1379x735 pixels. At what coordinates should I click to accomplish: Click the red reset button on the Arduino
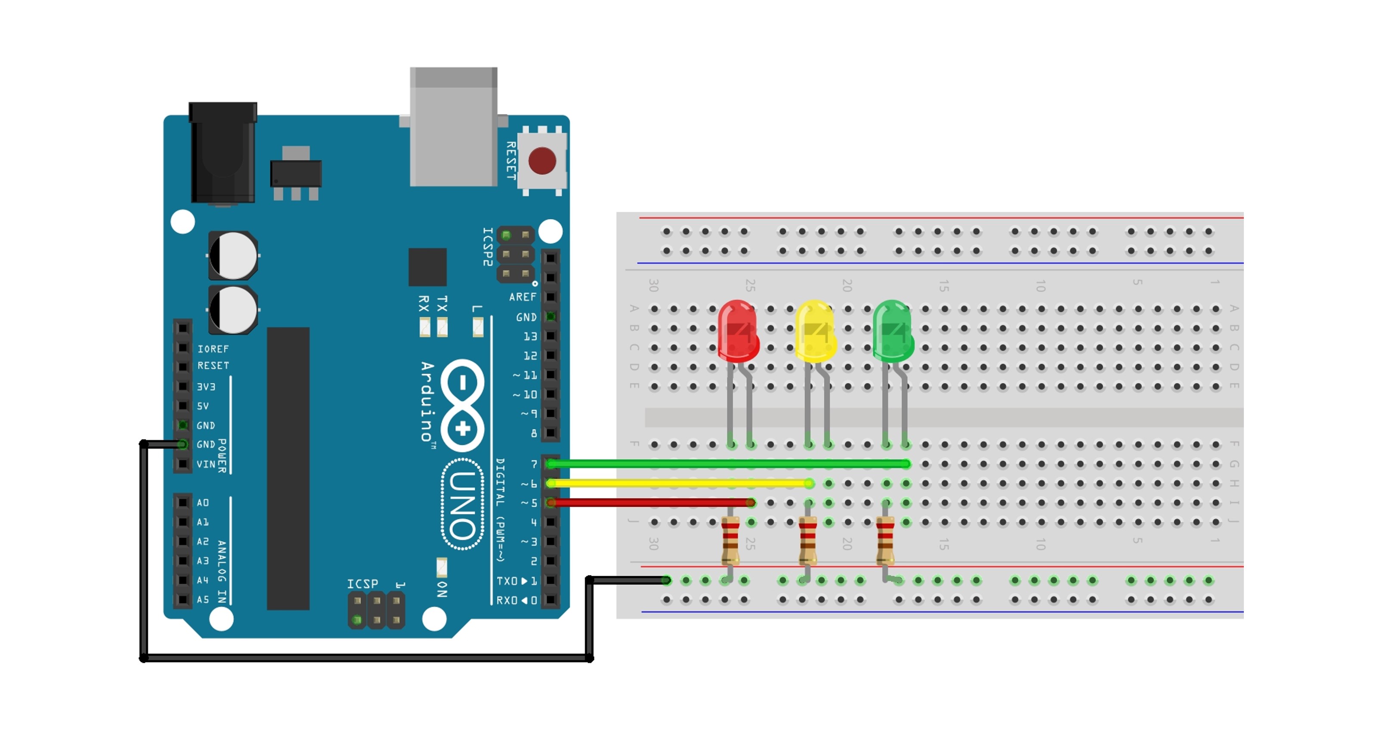tap(542, 160)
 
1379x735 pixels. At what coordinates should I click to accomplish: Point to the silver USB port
tap(453, 127)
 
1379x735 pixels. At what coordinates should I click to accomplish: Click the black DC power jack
tap(223, 153)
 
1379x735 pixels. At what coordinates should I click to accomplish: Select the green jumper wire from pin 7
tap(728, 464)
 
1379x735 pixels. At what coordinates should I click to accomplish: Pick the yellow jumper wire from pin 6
tap(680, 483)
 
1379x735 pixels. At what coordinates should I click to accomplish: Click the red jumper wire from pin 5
tap(650, 502)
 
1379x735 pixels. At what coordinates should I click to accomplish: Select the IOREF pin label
tap(213, 349)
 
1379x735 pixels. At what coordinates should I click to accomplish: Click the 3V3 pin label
tap(206, 387)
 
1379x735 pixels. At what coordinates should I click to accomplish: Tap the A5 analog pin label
tap(203, 599)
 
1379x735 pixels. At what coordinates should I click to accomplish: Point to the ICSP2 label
tap(488, 246)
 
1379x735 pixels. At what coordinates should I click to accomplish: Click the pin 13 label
tap(530, 336)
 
